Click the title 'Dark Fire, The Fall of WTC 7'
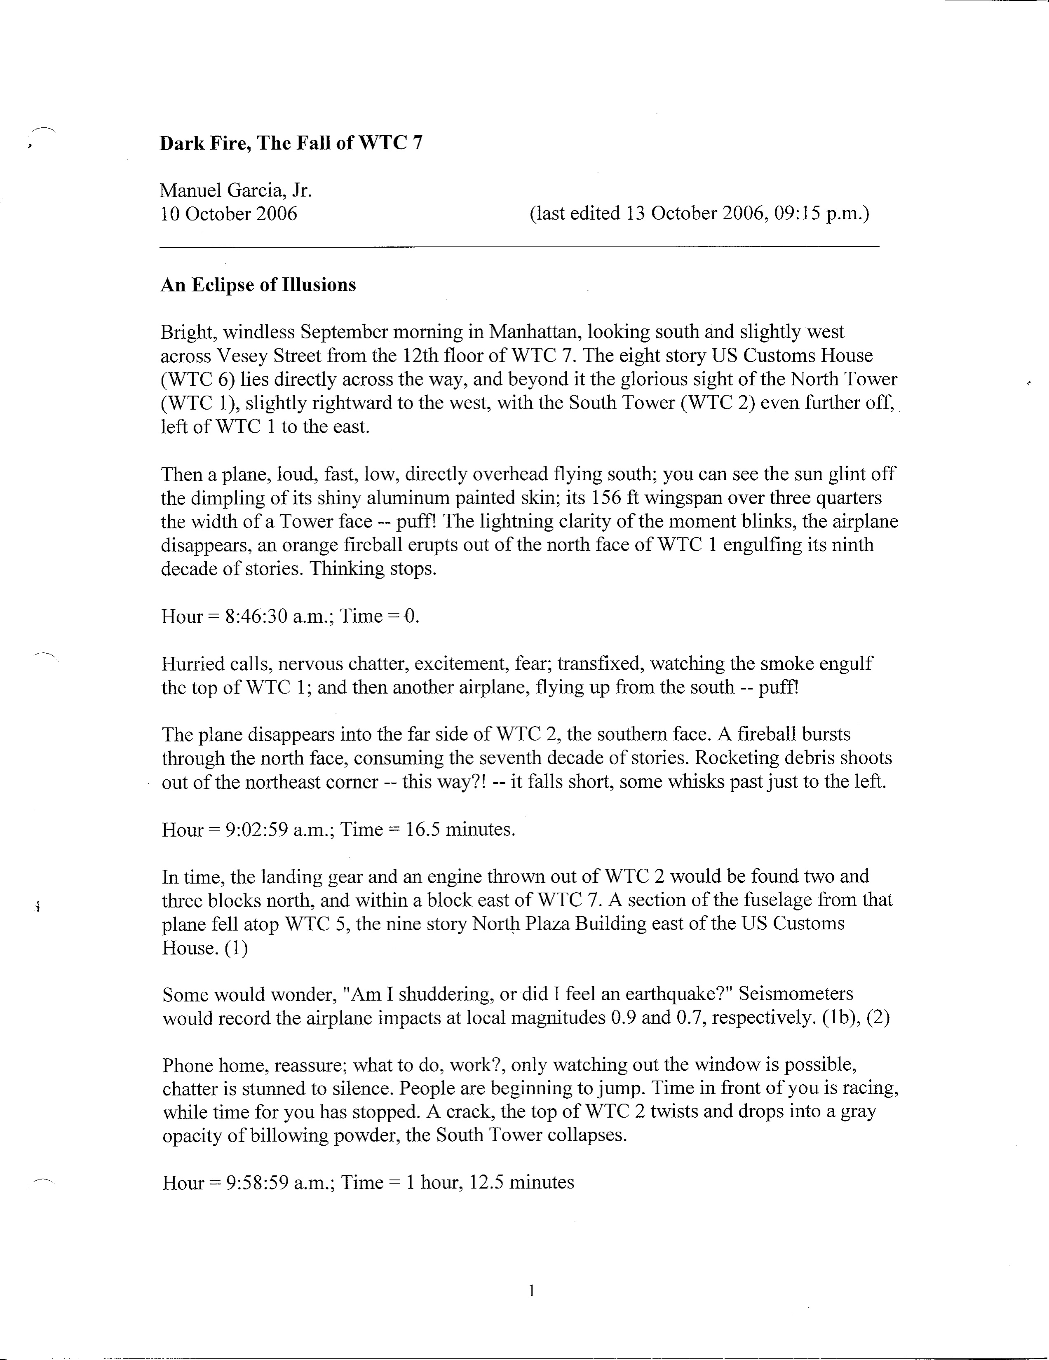click(291, 144)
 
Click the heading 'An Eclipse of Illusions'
click(258, 285)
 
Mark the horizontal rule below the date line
click(519, 248)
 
